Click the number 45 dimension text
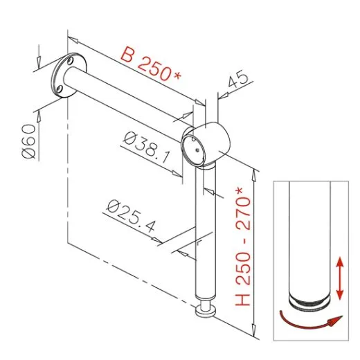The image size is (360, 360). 237,82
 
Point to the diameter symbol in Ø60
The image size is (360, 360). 28,154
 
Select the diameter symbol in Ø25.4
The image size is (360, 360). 114,207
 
